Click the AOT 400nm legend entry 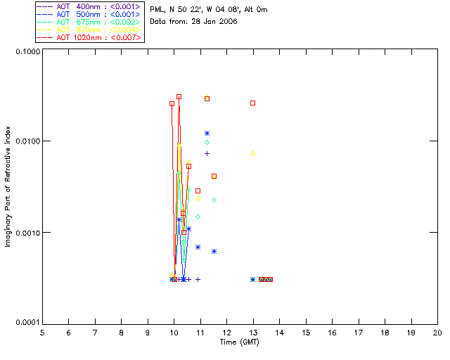pos(89,6)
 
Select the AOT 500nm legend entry pos(89,14)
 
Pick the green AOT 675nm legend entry pos(89,22)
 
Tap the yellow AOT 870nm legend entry pos(89,30)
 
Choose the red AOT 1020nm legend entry pos(89,37)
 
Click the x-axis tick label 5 pos(42,332)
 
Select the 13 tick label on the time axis pos(253,332)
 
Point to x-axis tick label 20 pos(437,332)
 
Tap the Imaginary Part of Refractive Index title pos(8,186)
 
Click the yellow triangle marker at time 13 pos(253,153)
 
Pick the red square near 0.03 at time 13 pos(253,103)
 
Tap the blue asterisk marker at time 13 pos(253,279)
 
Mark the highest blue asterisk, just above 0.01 pos(207,133)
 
